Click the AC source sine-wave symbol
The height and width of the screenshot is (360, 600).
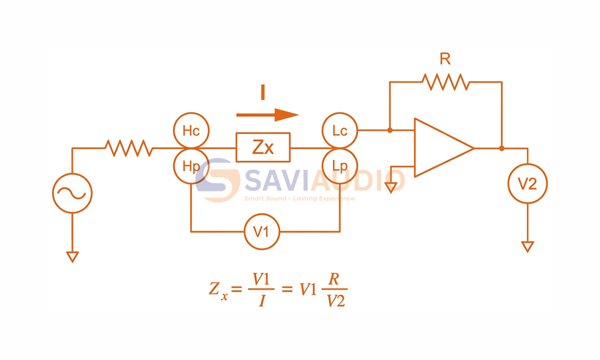pyautogui.click(x=73, y=193)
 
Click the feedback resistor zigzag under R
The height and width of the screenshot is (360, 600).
pyautogui.click(x=446, y=82)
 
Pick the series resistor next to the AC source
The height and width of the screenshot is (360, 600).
pyautogui.click(x=129, y=148)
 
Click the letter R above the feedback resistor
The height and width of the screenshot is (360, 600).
pyautogui.click(x=445, y=59)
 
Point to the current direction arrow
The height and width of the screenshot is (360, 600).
pyautogui.click(x=267, y=115)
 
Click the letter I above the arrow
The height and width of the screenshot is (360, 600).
pyautogui.click(x=263, y=92)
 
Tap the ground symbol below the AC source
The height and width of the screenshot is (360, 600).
pyautogui.click(x=73, y=257)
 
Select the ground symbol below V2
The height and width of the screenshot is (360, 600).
pyautogui.click(x=527, y=247)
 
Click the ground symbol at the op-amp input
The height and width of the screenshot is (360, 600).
pyautogui.click(x=391, y=188)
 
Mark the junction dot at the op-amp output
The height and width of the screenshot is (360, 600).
pyautogui.click(x=502, y=148)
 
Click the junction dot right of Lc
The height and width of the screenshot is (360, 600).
pyautogui.click(x=390, y=130)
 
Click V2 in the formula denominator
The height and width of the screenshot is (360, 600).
pyautogui.click(x=336, y=301)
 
